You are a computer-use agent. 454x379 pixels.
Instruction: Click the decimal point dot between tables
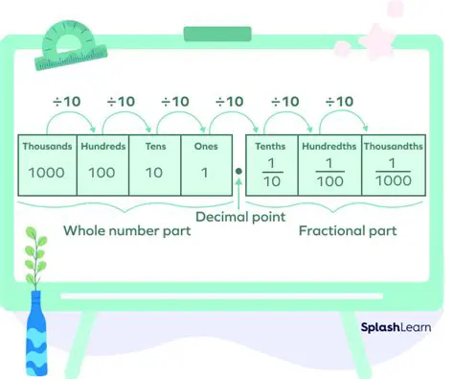click(238, 173)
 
